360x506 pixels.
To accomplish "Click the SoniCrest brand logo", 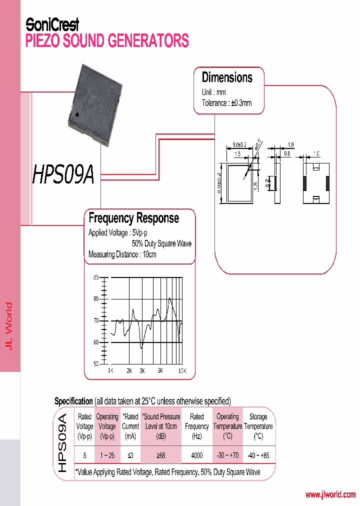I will [x=52, y=24].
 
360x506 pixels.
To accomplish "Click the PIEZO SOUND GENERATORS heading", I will [x=107, y=40].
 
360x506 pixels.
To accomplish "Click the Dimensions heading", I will [x=227, y=77].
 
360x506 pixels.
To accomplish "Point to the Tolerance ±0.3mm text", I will [x=226, y=103].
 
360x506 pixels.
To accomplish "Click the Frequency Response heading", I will [x=133, y=218].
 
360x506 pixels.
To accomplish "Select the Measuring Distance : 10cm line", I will [x=122, y=254].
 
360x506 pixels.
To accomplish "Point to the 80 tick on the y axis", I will [x=96, y=299].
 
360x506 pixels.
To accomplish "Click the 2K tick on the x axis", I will [x=129, y=370].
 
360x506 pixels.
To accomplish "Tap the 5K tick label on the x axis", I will [x=160, y=370].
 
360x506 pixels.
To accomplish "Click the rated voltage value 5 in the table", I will [x=84, y=455].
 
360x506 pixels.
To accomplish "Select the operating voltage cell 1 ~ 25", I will [x=107, y=455].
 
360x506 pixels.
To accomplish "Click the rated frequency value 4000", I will [x=197, y=455].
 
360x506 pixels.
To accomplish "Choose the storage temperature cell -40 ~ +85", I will [x=258, y=455].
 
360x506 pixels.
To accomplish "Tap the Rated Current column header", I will [x=130, y=426].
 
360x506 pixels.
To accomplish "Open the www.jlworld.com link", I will [x=330, y=494].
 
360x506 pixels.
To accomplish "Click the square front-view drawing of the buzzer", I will [x=240, y=183].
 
